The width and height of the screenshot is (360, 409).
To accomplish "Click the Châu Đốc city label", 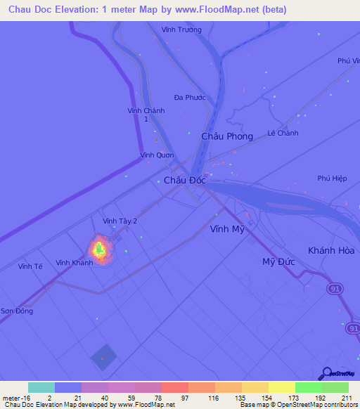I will tap(185, 181).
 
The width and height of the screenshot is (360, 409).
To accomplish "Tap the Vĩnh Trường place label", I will tap(181, 30).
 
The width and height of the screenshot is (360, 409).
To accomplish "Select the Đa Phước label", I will tap(189, 98).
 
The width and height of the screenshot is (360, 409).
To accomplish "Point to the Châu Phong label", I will tap(226, 136).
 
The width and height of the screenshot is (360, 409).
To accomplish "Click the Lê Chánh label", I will tap(283, 134).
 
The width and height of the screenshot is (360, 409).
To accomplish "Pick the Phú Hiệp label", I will tap(332, 178).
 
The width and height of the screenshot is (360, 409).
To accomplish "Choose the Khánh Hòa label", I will tap(331, 251).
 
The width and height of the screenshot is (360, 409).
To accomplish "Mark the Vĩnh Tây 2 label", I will tap(120, 221).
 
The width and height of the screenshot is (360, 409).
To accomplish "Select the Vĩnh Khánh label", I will tap(75, 263).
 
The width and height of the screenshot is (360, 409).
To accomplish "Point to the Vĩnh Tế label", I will tap(31, 267).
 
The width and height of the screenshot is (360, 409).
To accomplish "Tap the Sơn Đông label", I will tap(16, 311).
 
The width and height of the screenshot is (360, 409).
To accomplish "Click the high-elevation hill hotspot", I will tap(99, 249).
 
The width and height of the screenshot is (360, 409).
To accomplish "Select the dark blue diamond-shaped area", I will tap(103, 357).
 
